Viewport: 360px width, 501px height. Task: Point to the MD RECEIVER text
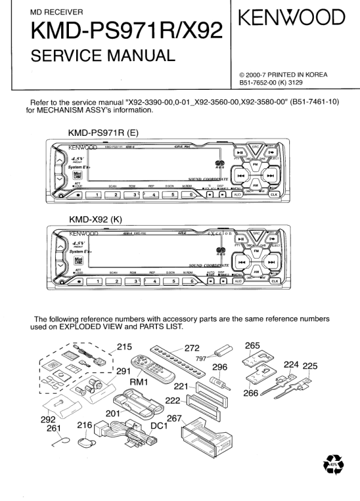[52, 11]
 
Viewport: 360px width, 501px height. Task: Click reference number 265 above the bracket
[252, 345]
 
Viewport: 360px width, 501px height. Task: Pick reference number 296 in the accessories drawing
[221, 368]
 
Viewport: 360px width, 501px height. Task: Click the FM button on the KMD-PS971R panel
[255, 163]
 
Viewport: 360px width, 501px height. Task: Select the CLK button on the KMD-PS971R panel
[274, 194]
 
